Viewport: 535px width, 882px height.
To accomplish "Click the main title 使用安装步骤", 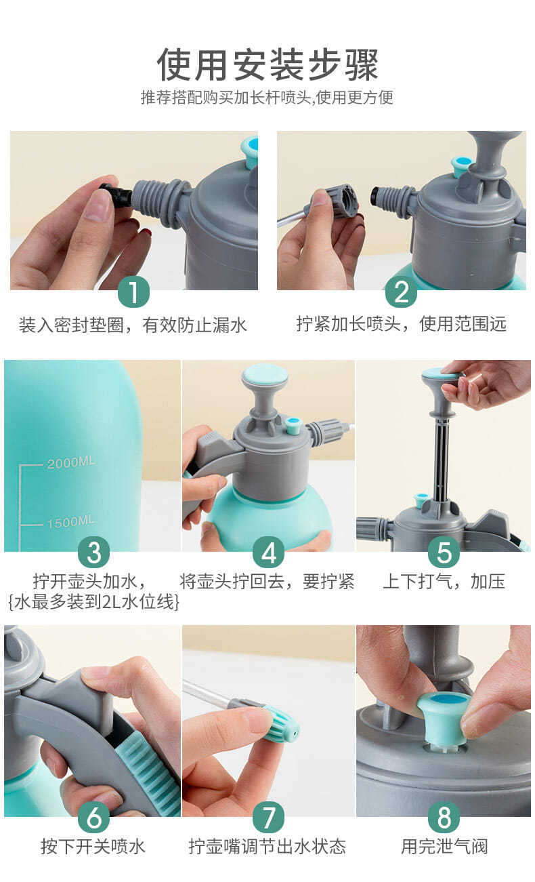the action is pos(267,64).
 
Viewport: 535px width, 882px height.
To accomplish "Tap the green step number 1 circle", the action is pos(134,292).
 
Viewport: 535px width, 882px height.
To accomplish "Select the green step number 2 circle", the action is pos(401,292).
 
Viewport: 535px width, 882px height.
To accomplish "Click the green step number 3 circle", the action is pos(94,552).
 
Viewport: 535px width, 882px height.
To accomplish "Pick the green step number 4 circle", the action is pos(269,552).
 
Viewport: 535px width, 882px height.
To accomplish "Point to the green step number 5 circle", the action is pos(444,552).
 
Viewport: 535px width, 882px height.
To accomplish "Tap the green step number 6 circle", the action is pos(94,818).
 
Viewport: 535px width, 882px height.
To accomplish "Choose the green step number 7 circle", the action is pos(269,818).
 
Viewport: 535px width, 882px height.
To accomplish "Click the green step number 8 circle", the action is pos(444,818).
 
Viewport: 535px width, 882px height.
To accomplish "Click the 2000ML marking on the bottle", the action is pos(71,462).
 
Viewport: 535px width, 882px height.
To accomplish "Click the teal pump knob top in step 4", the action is pos(265,375).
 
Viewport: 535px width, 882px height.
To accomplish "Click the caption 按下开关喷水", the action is pos(93,847).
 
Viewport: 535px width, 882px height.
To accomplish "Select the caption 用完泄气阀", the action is pos(444,847).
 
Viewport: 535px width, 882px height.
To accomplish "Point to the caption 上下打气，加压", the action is pos(444,582).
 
